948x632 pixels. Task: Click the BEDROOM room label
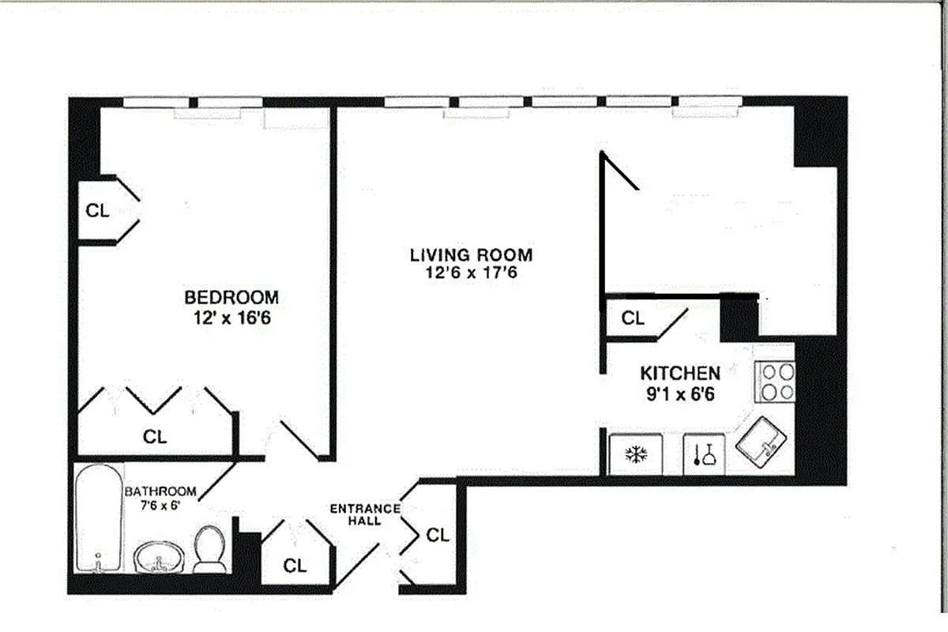coord(231,298)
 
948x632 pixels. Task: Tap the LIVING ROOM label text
coord(471,255)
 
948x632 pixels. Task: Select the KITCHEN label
coord(679,373)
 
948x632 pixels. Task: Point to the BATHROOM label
coord(160,491)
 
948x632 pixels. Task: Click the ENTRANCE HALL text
coord(364,514)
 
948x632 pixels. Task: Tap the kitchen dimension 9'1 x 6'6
coord(679,393)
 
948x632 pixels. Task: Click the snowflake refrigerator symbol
coord(636,455)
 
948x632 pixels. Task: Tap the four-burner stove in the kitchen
coord(774,382)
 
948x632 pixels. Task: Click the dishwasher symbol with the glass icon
coord(703,455)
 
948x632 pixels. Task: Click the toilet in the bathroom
coord(209,548)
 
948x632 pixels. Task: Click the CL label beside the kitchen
coord(633,318)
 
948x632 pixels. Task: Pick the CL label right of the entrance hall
coord(437,535)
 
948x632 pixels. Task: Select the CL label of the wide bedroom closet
coord(155,436)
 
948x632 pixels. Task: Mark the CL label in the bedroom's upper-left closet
coord(97,211)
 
